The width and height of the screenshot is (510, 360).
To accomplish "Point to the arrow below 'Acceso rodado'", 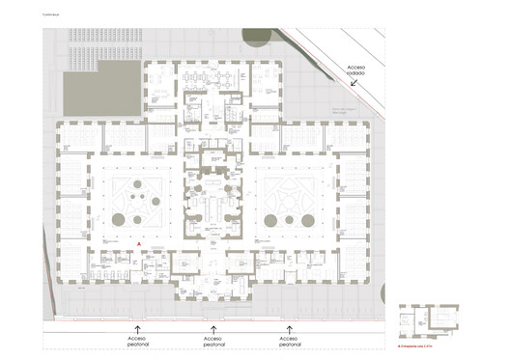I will click(x=357, y=84).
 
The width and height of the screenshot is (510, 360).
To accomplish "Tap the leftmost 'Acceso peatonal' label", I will click(x=136, y=344).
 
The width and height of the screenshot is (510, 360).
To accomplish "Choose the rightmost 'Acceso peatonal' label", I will click(x=284, y=344).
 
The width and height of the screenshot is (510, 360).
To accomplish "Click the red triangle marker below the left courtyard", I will click(x=140, y=245).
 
